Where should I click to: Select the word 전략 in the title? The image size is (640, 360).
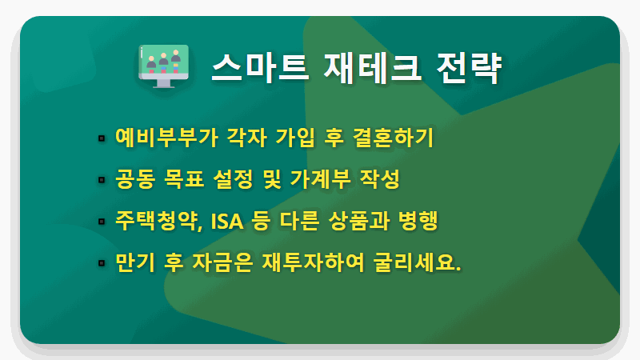click(x=474, y=68)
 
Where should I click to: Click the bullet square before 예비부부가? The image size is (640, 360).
click(x=102, y=138)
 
